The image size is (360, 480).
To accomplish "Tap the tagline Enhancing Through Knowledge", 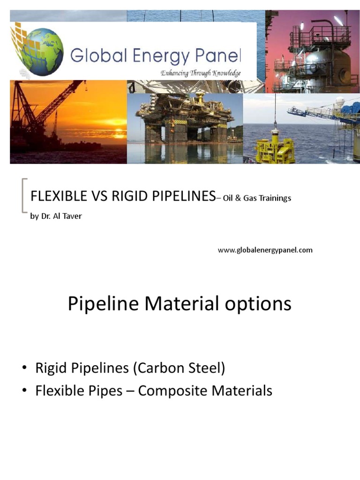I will (x=201, y=73).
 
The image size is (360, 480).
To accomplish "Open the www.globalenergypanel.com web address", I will (x=265, y=250).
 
